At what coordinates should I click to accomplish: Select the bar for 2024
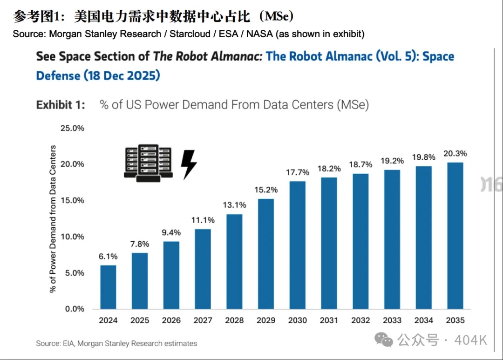[x=108, y=287]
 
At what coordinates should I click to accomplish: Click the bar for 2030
[x=298, y=245]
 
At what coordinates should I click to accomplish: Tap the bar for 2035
[x=455, y=236]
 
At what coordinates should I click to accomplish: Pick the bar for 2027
[x=203, y=269]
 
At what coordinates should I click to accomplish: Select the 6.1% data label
[x=108, y=257]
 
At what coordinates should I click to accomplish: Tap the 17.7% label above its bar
[x=298, y=173]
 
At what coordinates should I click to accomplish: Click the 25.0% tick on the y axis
[x=72, y=128]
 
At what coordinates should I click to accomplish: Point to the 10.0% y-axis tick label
[x=72, y=237]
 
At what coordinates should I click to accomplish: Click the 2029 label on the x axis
[x=266, y=320]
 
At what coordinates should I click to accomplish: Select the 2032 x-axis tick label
[x=360, y=320]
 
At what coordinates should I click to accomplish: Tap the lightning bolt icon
[x=189, y=164]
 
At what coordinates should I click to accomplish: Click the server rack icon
[x=149, y=162]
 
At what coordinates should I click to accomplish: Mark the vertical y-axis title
[x=53, y=219]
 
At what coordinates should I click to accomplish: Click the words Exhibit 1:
[x=61, y=105]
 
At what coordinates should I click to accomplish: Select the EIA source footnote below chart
[x=116, y=344]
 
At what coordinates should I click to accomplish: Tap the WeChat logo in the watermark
[x=384, y=340]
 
